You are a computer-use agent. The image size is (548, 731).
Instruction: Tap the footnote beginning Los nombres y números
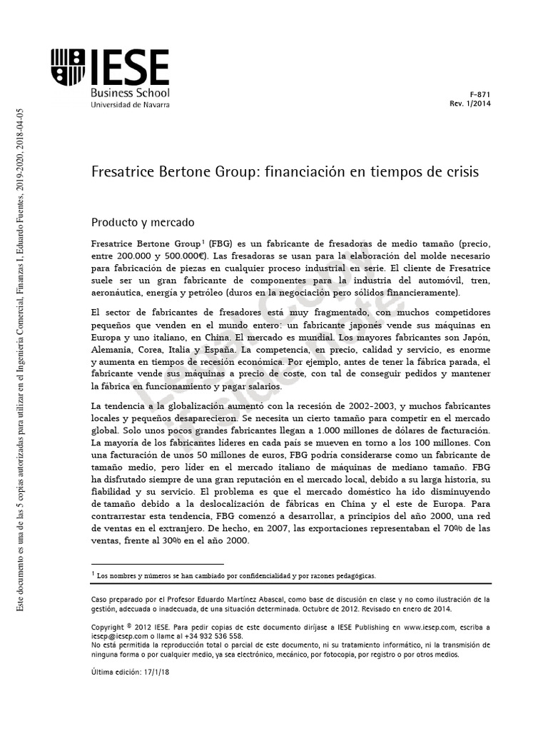tap(235, 575)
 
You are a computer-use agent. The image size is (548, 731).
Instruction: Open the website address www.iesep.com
tap(429, 626)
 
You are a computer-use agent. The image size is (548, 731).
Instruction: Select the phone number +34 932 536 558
tap(211, 635)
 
